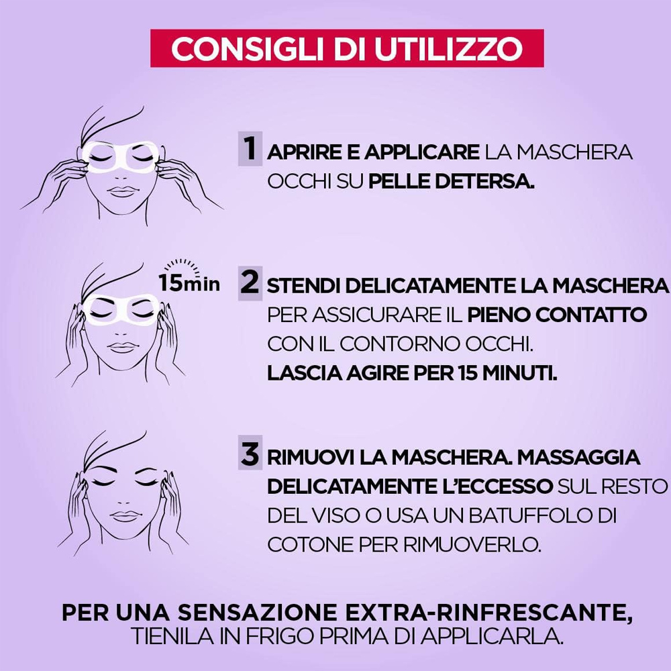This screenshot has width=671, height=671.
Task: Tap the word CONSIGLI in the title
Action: click(248, 48)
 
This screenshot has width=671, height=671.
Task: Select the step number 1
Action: click(250, 148)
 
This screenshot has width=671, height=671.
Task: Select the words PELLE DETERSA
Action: click(452, 181)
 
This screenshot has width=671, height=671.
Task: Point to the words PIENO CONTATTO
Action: click(557, 315)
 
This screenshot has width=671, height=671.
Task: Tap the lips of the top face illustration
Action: click(123, 191)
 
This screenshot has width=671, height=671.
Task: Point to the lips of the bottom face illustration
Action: click(124, 515)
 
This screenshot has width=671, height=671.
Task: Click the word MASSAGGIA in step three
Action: click(578, 458)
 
